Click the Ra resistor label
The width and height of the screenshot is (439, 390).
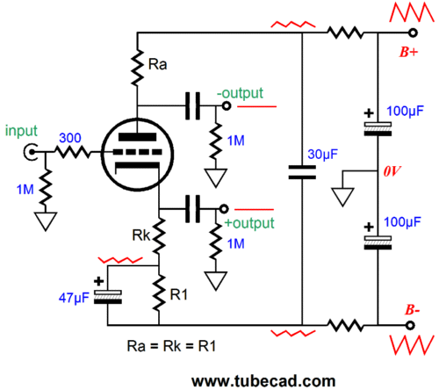pyautogui.click(x=157, y=64)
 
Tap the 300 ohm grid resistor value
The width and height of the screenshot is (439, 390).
pyautogui.click(x=70, y=138)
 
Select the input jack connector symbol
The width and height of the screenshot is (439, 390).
pyautogui.click(x=31, y=152)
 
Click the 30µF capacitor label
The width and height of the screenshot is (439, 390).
pyautogui.click(x=323, y=155)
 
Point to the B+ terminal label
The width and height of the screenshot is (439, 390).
pyautogui.click(x=409, y=52)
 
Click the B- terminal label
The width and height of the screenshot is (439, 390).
pyautogui.click(x=413, y=310)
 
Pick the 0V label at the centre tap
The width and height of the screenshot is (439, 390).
pyautogui.click(x=392, y=171)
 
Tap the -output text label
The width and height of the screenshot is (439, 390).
pyautogui.click(x=240, y=93)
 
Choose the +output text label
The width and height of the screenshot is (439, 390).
pyautogui.click(x=249, y=223)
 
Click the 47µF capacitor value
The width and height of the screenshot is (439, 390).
pyautogui.click(x=74, y=298)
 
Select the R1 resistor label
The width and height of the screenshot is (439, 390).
pyautogui.click(x=178, y=295)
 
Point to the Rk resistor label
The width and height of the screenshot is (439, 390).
pyautogui.click(x=141, y=235)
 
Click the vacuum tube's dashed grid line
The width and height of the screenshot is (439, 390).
pyautogui.click(x=137, y=152)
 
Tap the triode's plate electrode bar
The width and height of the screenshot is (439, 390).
pyautogui.click(x=137, y=137)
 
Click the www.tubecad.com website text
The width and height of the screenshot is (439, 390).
pyautogui.click(x=263, y=381)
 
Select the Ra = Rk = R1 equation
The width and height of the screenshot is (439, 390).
pyautogui.click(x=171, y=346)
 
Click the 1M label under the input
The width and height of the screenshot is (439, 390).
pyautogui.click(x=25, y=190)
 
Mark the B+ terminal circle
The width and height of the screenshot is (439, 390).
pyautogui.click(x=413, y=32)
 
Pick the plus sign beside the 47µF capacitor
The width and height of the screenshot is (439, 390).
pyautogui.click(x=99, y=281)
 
